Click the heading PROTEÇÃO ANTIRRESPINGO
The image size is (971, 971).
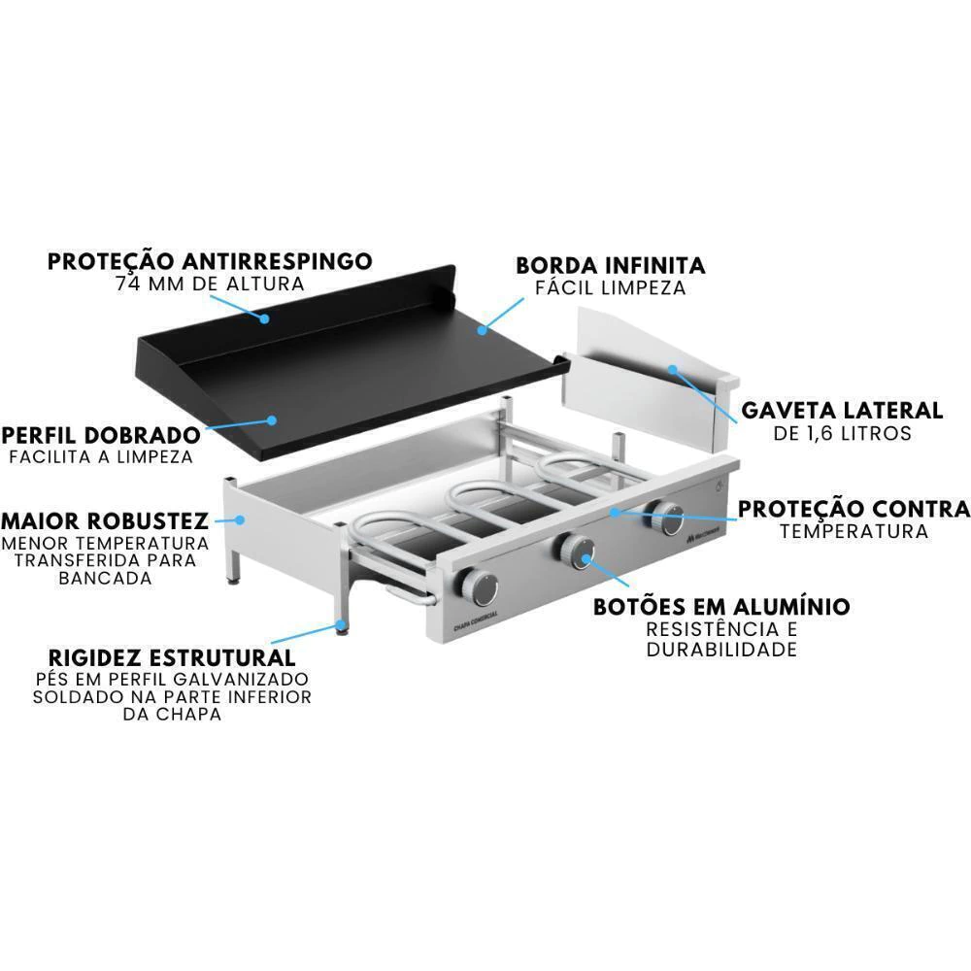click(210, 260)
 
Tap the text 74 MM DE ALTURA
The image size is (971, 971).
click(210, 284)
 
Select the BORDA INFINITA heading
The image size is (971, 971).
click(611, 265)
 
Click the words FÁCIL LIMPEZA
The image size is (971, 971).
click(611, 288)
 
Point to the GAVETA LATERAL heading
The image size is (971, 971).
click(842, 410)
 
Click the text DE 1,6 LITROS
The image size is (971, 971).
click(842, 433)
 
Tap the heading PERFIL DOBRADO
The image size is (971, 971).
click(101, 435)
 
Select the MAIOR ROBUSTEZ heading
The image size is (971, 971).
click(105, 520)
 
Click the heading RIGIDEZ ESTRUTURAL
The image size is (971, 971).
click(172, 657)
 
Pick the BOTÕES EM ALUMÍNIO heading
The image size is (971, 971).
click(721, 606)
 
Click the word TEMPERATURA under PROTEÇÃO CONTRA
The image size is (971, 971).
click(854, 531)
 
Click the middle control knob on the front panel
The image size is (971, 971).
click(574, 551)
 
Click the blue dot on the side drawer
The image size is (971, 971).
click(673, 370)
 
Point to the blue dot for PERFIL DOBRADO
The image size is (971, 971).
click(271, 419)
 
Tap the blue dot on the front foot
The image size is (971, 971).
click(340, 624)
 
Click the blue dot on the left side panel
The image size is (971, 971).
click(240, 519)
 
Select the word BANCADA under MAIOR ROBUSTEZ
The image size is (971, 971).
click(105, 579)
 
